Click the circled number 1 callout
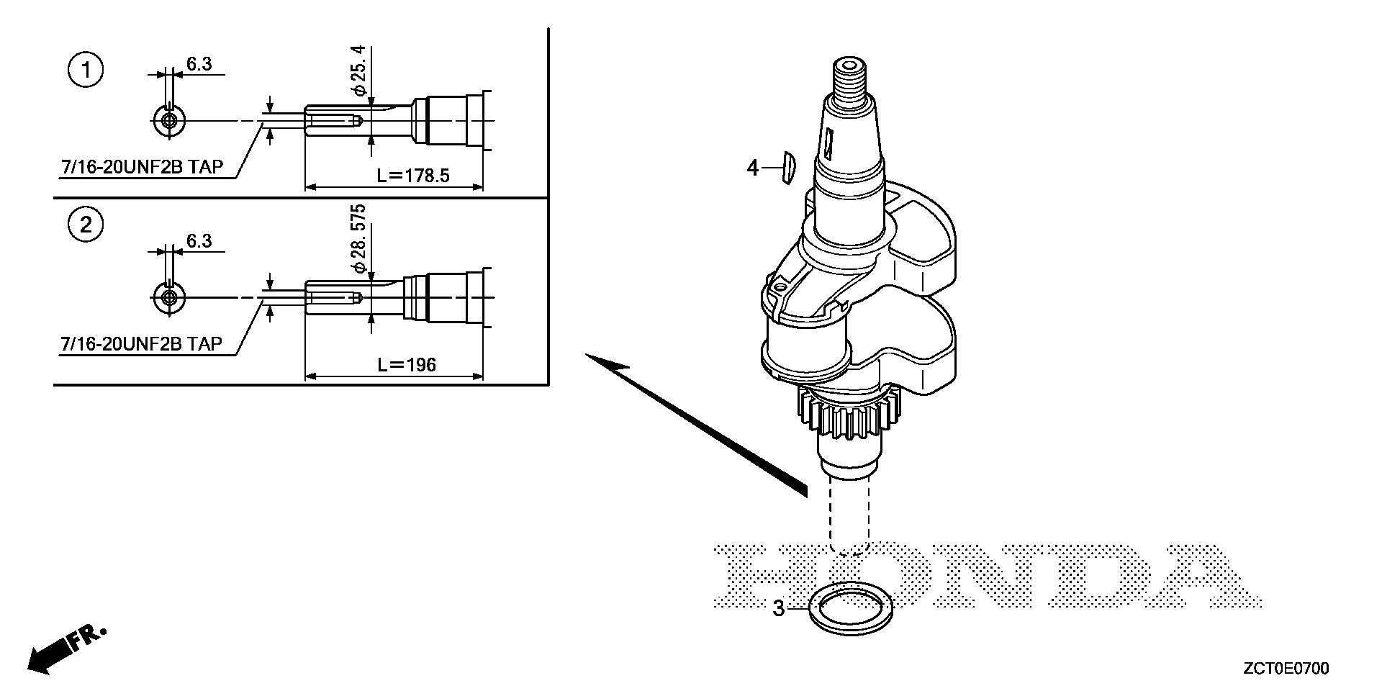[86, 71]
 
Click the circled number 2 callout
[86, 225]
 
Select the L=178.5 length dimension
[413, 176]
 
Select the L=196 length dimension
[407, 365]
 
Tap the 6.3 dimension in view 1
[199, 63]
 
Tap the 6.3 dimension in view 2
[199, 241]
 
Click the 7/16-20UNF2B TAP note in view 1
[142, 167]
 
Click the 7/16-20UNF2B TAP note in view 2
[142, 344]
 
